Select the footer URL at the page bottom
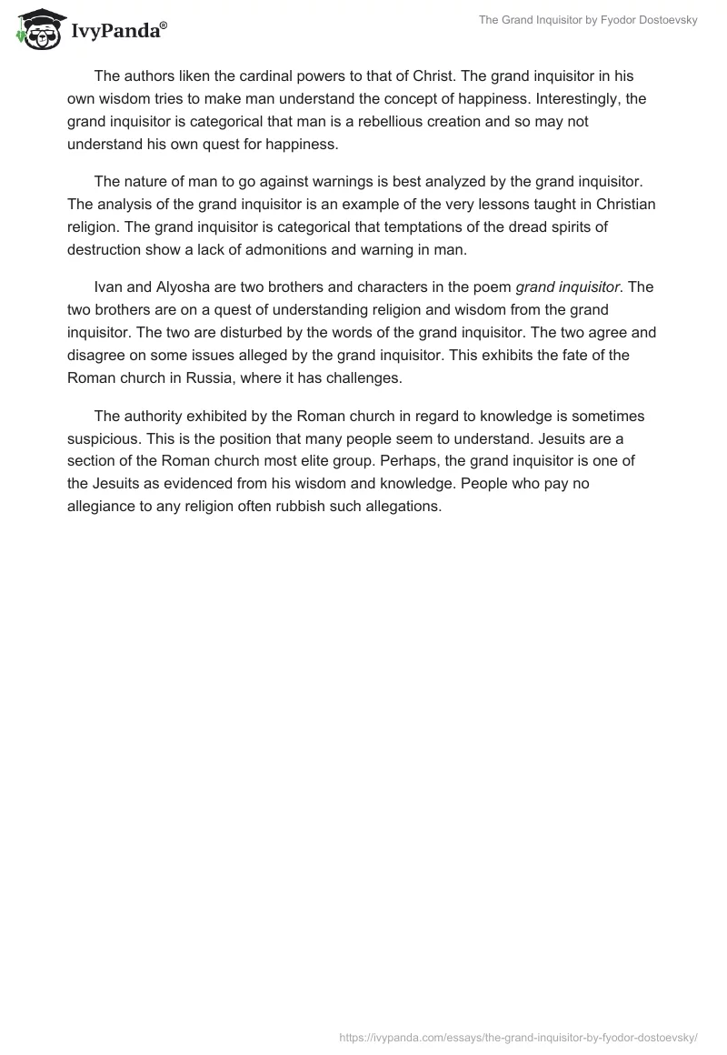pyautogui.click(x=518, y=1036)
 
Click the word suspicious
pyautogui.click(x=103, y=438)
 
